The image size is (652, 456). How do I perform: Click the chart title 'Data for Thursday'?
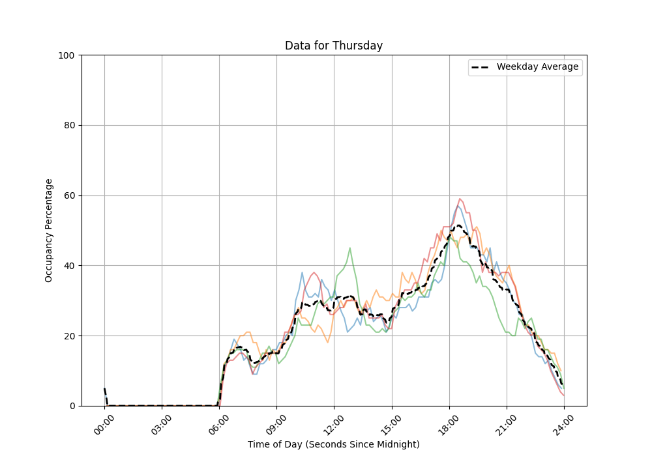333,46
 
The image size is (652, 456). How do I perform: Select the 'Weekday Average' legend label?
537,67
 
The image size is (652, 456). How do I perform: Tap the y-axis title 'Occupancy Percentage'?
49,230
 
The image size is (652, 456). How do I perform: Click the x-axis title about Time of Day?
333,444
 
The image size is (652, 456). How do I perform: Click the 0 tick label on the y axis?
72,406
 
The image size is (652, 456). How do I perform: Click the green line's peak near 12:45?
350,248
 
